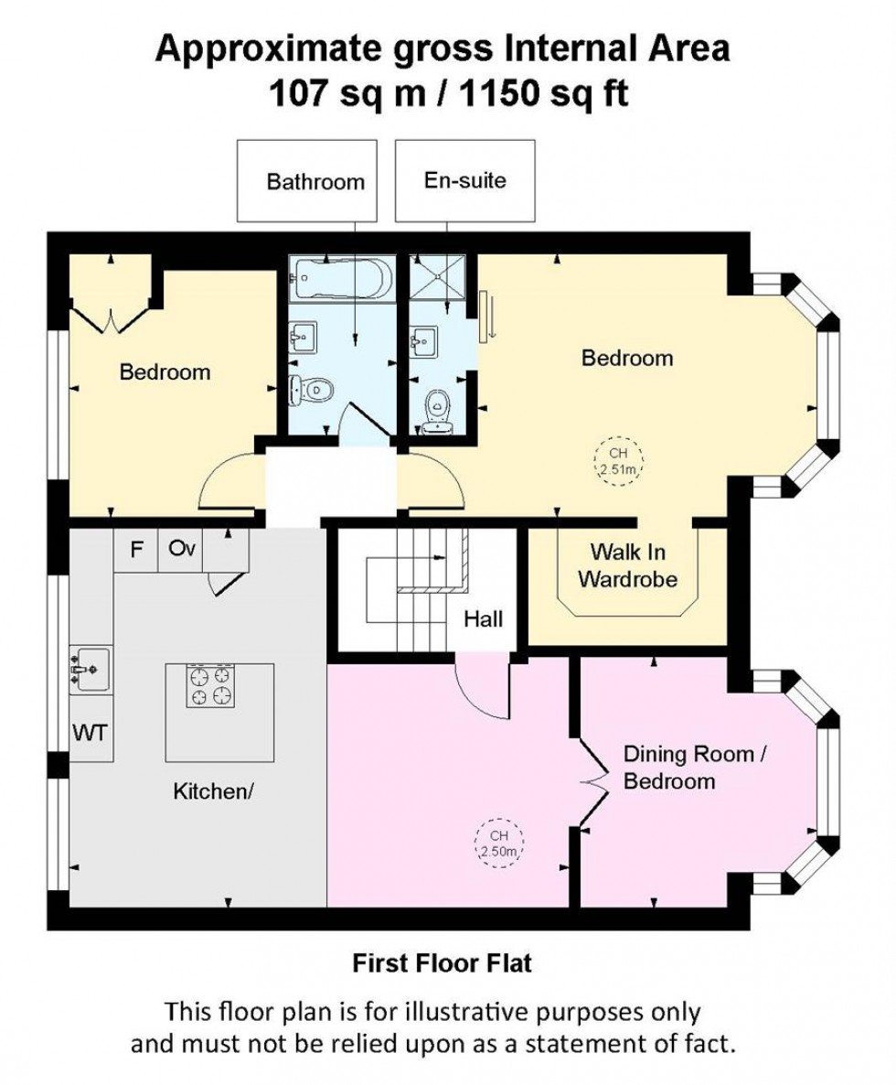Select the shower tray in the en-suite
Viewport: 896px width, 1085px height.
[x=437, y=276]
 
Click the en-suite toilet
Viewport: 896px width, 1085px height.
[x=438, y=408]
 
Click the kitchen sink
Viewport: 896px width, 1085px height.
[x=91, y=668]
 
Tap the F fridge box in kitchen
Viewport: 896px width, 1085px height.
[x=136, y=551]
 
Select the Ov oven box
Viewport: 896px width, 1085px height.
[x=179, y=551]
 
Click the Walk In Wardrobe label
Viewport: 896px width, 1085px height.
[x=627, y=565]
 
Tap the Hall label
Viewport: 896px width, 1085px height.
[x=482, y=619]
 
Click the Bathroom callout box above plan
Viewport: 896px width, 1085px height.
[x=306, y=180]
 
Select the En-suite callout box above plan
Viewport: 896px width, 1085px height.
[x=464, y=180]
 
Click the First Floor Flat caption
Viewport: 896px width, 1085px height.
[x=443, y=962]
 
